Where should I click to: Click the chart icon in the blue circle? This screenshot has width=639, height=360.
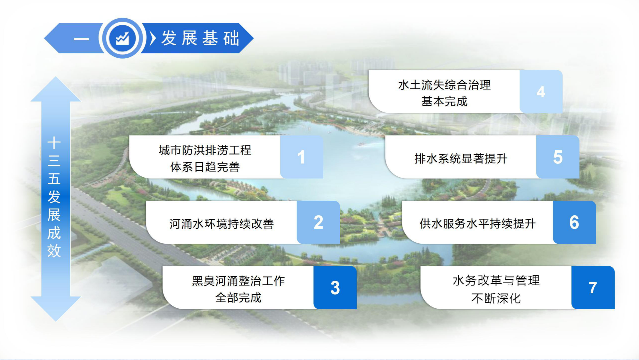point(123,38)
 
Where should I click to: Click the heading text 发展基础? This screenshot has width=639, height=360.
point(200,38)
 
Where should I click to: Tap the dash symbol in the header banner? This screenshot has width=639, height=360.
point(81,39)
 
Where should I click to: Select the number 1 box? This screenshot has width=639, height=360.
point(302,157)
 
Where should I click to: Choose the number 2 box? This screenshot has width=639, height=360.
point(318,222)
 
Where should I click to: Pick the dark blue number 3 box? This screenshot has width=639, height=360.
point(335,288)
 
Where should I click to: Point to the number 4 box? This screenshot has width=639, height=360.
point(541,91)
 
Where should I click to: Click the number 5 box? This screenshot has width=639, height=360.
point(558,157)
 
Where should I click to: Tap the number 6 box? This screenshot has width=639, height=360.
point(574,222)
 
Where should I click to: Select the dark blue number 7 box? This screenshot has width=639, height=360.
point(593,288)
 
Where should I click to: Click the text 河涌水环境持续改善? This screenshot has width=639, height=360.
point(222,224)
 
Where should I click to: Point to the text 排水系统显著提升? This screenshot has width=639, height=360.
point(461,158)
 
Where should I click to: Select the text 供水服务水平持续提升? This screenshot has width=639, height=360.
point(477,224)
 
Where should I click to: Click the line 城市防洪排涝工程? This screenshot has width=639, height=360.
point(205,150)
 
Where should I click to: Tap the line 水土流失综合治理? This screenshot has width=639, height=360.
point(444,85)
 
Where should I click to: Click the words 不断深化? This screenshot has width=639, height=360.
point(496,298)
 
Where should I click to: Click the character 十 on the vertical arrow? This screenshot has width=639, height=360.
point(54,143)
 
